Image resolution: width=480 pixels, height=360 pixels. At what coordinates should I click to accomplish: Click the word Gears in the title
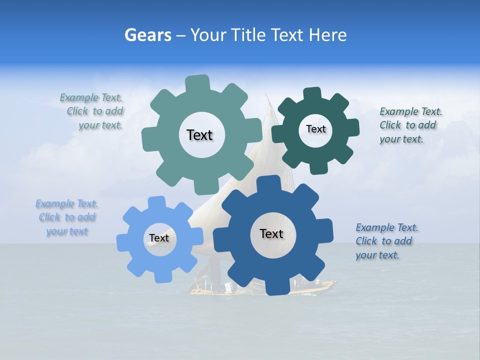(x=147, y=35)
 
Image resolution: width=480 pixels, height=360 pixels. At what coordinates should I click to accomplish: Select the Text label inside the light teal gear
(x=199, y=135)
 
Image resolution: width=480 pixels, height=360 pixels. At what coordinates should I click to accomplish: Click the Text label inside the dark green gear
(x=315, y=129)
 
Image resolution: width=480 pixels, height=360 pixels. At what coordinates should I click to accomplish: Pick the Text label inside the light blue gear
(x=158, y=238)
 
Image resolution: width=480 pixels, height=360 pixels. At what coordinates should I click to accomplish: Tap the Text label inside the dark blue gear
(x=271, y=234)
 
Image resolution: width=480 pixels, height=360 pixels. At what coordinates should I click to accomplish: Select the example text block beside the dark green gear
(x=410, y=125)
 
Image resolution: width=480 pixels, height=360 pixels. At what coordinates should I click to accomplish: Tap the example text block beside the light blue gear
(x=67, y=217)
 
